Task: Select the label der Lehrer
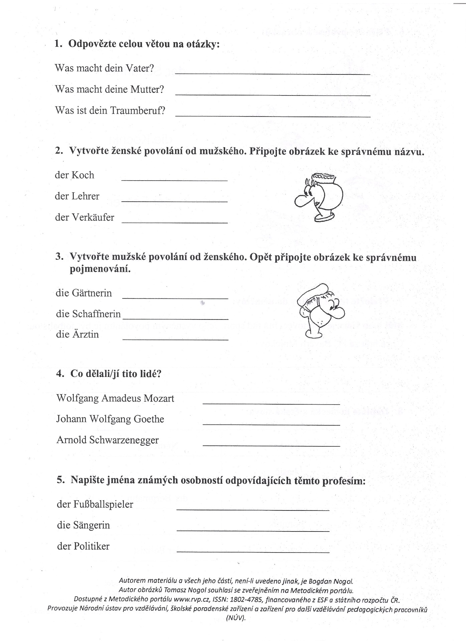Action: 77,196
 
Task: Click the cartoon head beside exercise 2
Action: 319,197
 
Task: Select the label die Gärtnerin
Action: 84,293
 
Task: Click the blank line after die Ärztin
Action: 175,339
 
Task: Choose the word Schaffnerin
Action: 97,314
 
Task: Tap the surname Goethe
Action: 149,419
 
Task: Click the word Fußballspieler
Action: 102,504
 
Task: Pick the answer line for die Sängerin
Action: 253,530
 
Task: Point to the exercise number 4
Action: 60,374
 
